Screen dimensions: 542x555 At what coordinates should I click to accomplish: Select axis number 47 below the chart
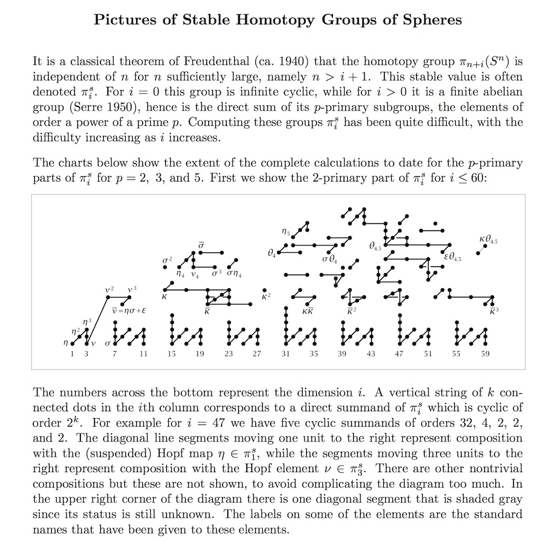(400, 354)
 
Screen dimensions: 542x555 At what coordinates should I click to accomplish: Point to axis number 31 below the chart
(285, 354)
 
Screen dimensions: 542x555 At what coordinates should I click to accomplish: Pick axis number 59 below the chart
(485, 354)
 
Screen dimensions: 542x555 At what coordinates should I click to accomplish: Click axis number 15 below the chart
(171, 354)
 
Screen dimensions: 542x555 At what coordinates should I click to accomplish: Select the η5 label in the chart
(285, 231)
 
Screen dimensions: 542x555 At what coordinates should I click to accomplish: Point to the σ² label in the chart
(167, 260)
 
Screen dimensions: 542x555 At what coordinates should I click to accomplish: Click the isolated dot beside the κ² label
(264, 290)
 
